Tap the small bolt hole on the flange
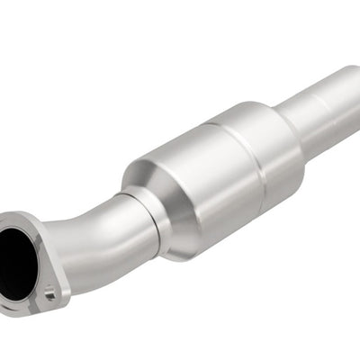point(49,292)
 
